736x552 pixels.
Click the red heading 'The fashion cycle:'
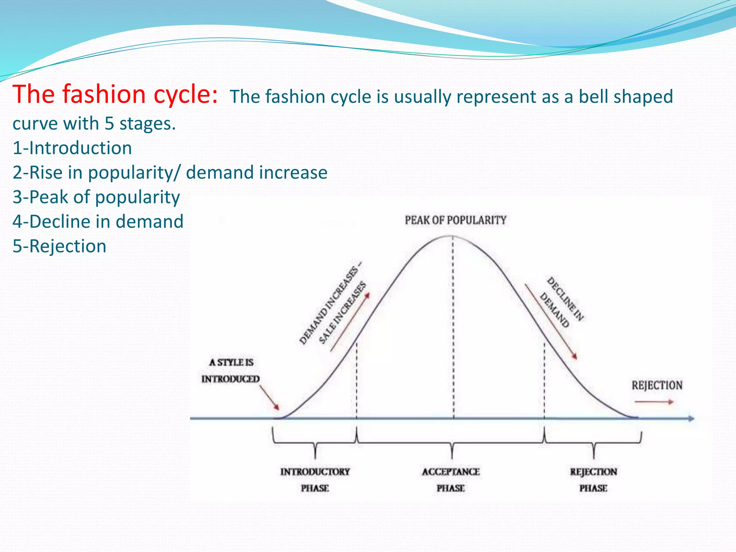[x=115, y=94]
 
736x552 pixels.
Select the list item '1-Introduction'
[x=72, y=148]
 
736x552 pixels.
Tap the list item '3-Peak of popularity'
[x=96, y=197]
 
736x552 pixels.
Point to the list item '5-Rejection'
[x=59, y=246]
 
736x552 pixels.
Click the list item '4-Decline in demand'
[x=98, y=221]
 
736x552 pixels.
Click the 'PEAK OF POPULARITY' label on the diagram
[x=455, y=220]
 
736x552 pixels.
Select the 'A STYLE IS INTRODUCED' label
[x=231, y=371]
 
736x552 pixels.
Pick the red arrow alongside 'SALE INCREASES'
[x=350, y=321]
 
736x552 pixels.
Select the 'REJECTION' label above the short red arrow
[x=657, y=385]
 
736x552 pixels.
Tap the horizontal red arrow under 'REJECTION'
[x=654, y=402]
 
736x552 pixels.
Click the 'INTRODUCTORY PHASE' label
[x=315, y=480]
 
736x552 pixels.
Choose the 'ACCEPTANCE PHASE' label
[x=451, y=480]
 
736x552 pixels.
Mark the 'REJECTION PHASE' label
[x=593, y=480]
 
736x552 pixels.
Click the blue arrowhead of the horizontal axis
[x=691, y=418]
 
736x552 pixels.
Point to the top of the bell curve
[x=452, y=236]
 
